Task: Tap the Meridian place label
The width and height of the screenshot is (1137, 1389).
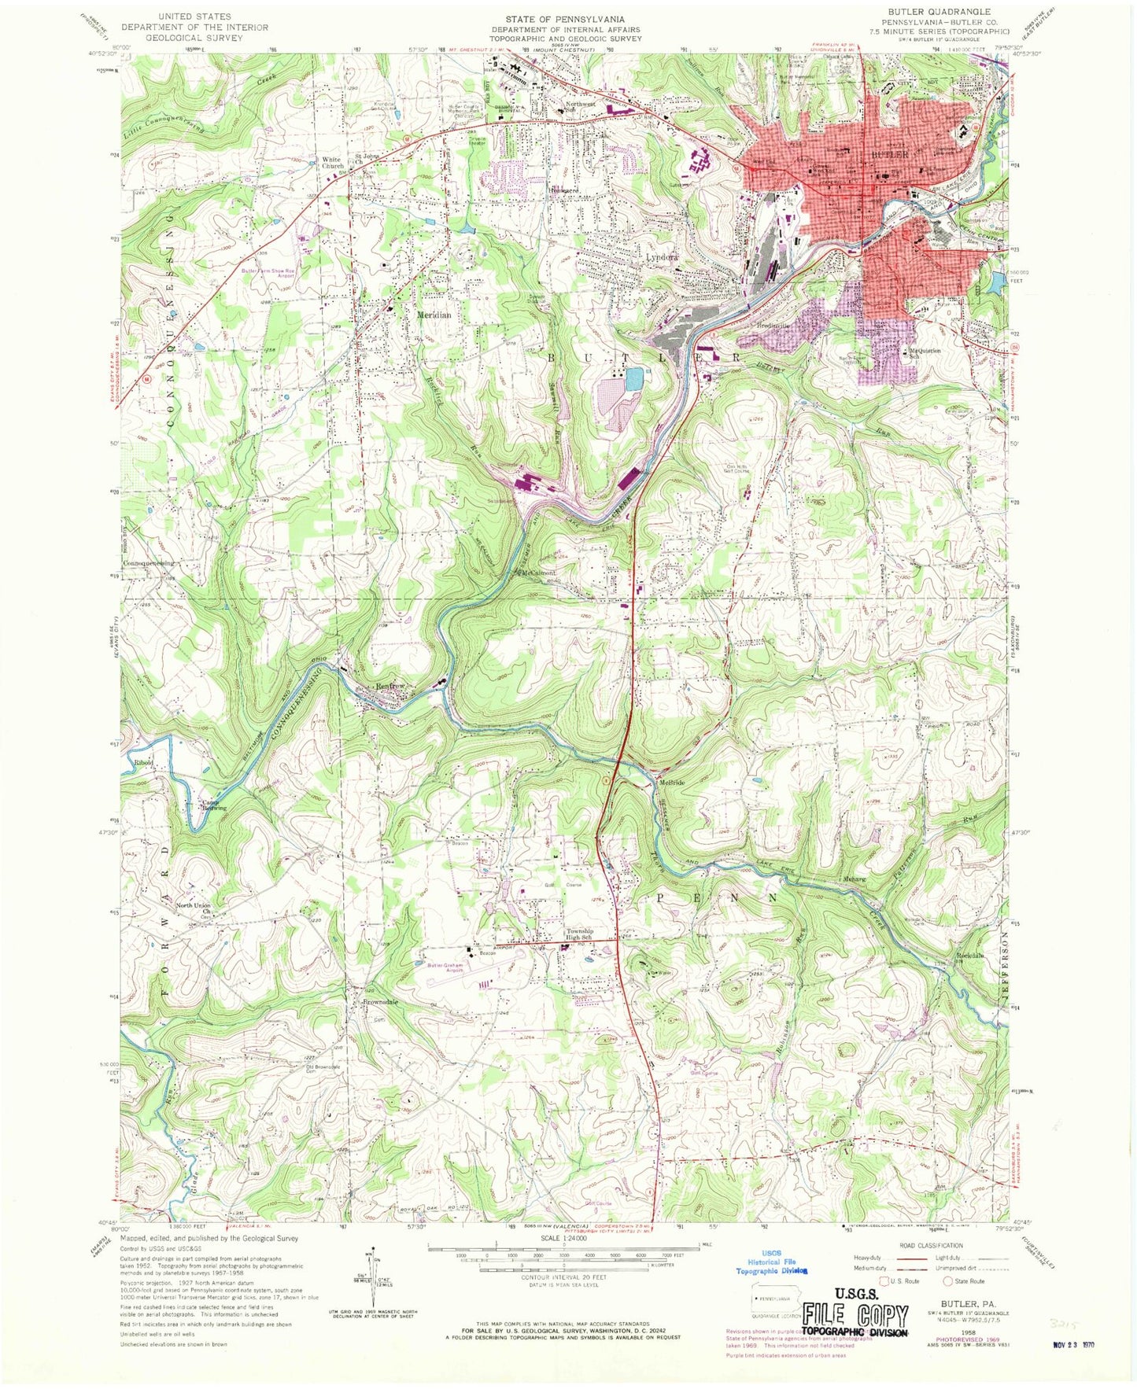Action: click(434, 315)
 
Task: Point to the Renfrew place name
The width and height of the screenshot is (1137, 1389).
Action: click(390, 686)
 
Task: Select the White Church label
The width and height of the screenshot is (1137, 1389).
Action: click(331, 163)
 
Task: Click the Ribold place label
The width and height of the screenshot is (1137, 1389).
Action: click(143, 763)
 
